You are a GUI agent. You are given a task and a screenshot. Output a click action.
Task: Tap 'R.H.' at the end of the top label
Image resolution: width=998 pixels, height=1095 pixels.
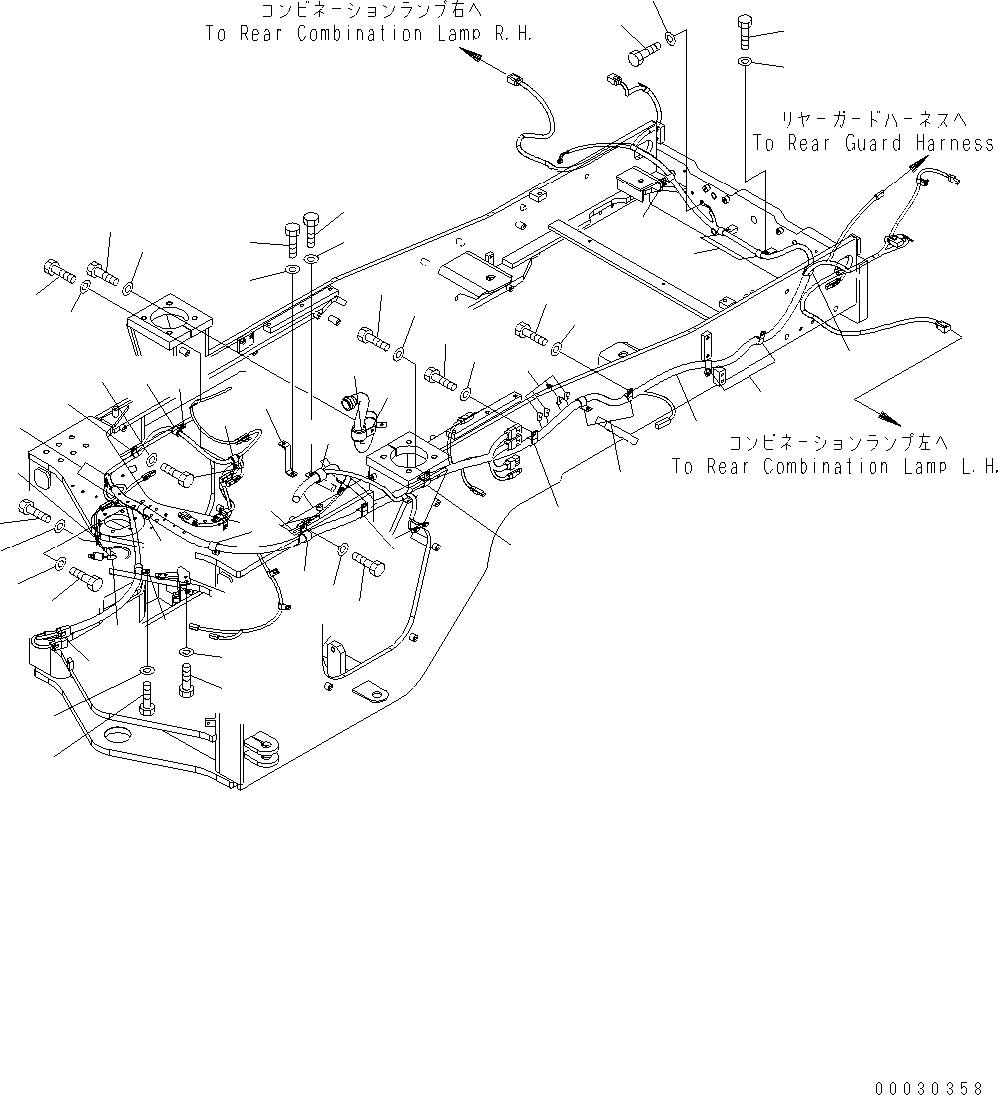[509, 33]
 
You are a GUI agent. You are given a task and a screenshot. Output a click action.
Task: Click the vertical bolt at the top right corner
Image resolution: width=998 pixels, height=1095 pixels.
[747, 34]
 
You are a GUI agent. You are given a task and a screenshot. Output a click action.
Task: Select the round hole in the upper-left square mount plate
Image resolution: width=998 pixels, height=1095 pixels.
[171, 319]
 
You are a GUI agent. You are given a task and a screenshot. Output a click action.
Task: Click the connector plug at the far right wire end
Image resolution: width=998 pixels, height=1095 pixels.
[944, 325]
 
